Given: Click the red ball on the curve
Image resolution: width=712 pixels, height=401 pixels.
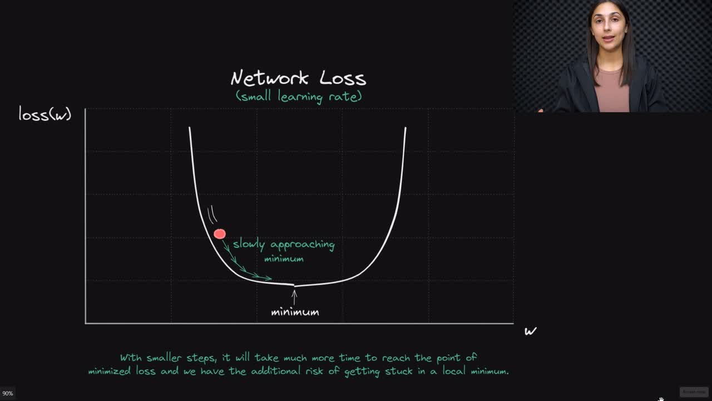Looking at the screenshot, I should pyautogui.click(x=220, y=234).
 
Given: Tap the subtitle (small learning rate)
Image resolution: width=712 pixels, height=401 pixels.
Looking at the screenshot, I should pyautogui.click(x=299, y=96).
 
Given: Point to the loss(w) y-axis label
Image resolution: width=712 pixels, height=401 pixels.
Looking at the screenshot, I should pyautogui.click(x=45, y=114).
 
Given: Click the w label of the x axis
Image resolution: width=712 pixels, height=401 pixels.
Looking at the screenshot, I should pyautogui.click(x=530, y=331).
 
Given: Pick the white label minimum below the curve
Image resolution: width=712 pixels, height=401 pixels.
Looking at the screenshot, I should pyautogui.click(x=295, y=312).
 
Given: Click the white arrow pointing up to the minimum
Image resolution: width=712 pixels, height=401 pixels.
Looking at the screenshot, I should pyautogui.click(x=294, y=296).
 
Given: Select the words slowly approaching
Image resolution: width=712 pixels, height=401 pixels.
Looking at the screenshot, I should pyautogui.click(x=284, y=244).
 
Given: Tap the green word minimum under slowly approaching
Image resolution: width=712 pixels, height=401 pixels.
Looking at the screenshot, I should pyautogui.click(x=284, y=259).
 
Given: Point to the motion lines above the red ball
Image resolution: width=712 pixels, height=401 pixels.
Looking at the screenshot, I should pyautogui.click(x=211, y=215).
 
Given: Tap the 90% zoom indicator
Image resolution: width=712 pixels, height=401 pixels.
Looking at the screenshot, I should pyautogui.click(x=8, y=393).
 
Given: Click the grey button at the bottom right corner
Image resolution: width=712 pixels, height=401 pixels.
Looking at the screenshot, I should pyautogui.click(x=694, y=392).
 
